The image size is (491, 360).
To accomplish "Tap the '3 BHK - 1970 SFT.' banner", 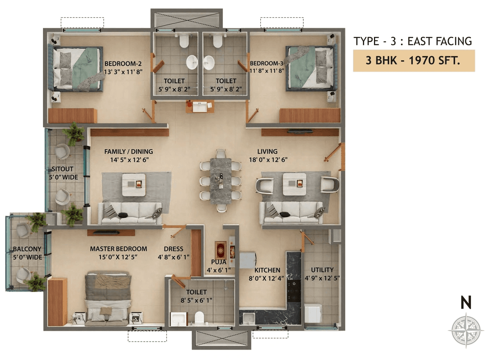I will [414, 61].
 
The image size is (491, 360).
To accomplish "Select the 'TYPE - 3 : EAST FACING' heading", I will [413, 41].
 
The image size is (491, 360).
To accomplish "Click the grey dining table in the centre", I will [221, 180].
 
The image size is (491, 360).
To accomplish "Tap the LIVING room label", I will [267, 151].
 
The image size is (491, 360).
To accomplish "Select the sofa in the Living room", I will [292, 213].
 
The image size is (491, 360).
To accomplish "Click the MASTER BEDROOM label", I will [118, 249].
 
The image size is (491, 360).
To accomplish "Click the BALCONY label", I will [27, 249].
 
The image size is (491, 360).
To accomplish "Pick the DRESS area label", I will [173, 249].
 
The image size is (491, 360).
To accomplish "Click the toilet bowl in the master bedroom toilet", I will [199, 317].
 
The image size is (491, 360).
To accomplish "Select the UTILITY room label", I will [322, 269].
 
